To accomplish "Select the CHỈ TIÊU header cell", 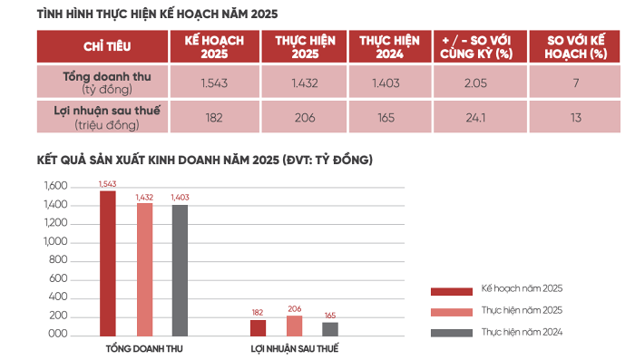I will (103, 47).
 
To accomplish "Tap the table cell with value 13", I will (574, 118).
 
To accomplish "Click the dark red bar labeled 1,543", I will (108, 263).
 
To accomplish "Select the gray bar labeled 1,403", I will (180, 269).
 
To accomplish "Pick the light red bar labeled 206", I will (294, 326).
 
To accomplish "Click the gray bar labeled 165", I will (329, 327).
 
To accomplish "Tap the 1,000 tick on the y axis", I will (54, 242).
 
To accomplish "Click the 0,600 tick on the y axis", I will (54, 279).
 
